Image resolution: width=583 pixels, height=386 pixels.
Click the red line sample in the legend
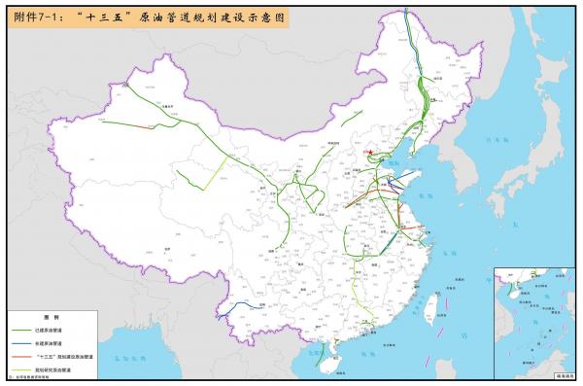24,357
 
